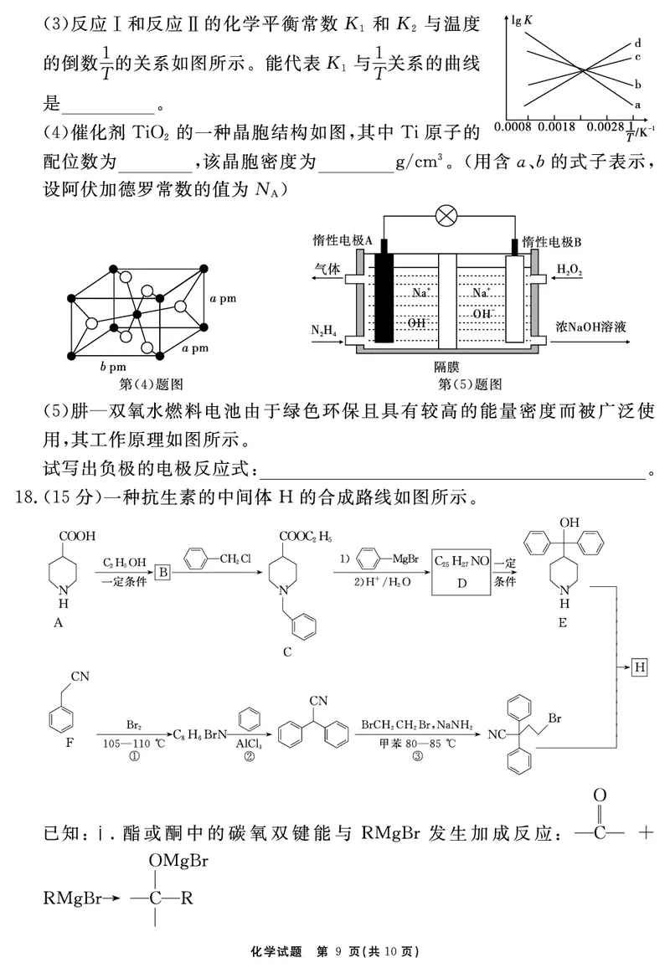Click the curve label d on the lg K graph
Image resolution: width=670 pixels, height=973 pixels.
pos(637,43)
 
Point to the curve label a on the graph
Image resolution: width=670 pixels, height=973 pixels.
pos(637,105)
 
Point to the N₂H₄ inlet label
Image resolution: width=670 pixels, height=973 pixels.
pos(324,332)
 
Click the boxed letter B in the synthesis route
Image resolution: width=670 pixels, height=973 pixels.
pos(164,571)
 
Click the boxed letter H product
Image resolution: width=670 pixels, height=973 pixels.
pos(640,667)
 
